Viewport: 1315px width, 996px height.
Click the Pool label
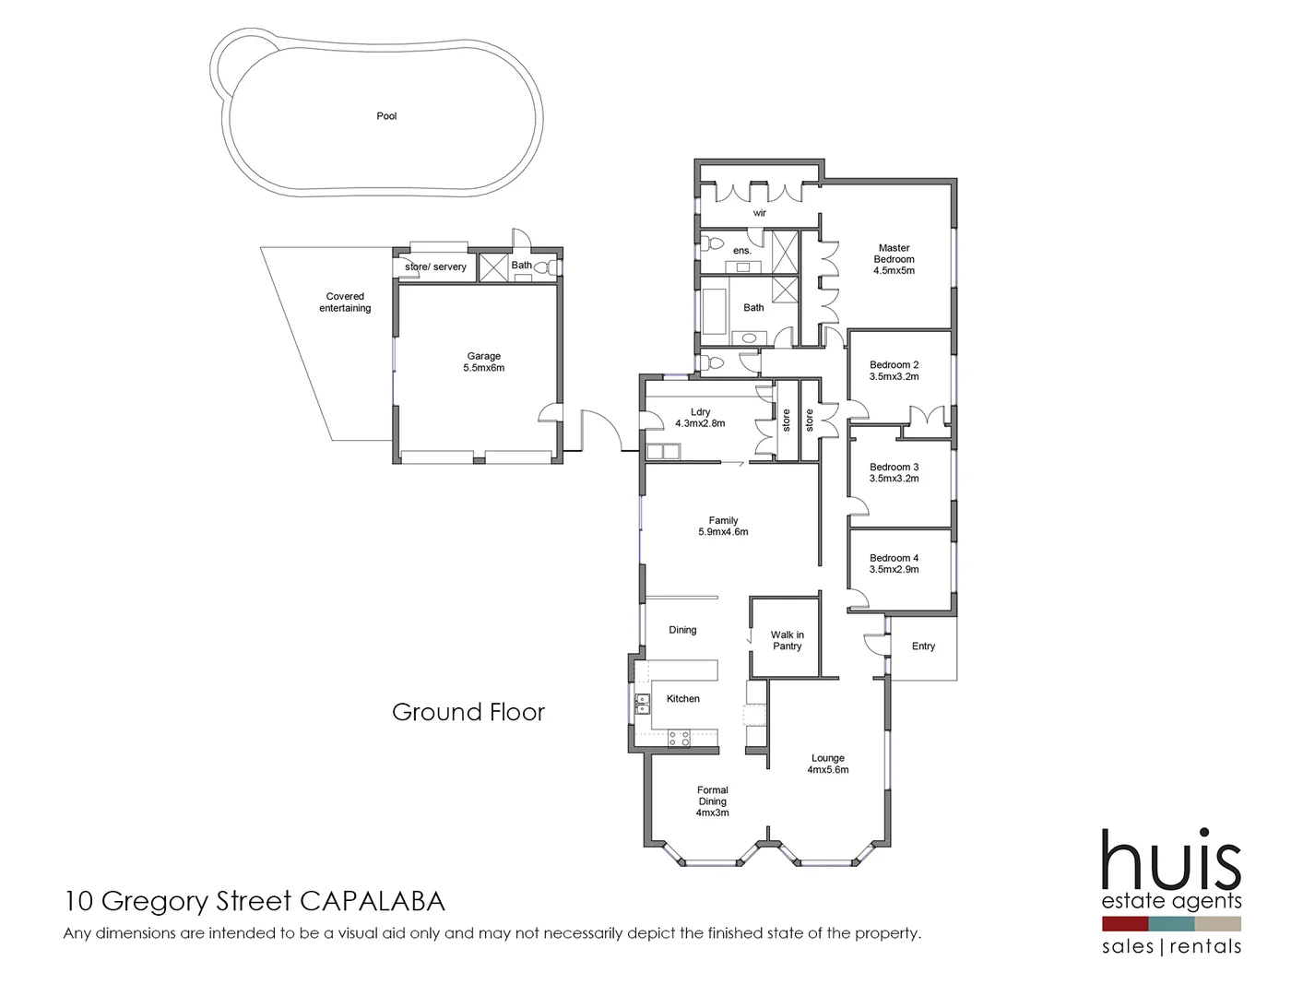[386, 116]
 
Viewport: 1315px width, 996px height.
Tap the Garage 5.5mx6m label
[483, 362]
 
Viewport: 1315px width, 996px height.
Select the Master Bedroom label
[894, 259]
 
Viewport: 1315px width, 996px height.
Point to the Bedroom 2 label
[894, 371]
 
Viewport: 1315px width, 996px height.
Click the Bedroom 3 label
[894, 473]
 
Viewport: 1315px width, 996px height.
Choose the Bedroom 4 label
[894, 563]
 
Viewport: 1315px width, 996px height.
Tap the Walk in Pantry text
[787, 640]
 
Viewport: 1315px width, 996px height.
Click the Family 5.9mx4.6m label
[723, 526]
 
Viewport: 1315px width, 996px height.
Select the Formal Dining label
[712, 801]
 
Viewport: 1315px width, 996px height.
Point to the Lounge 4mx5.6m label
[827, 764]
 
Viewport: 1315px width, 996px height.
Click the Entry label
[923, 646]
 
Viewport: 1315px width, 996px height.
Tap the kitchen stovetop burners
[679, 738]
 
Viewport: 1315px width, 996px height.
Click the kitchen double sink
[642, 704]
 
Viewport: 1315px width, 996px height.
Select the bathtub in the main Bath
[714, 312]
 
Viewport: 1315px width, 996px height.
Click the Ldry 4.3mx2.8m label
[700, 418]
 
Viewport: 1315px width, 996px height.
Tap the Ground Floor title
[468, 712]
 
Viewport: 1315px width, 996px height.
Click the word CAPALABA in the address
[373, 901]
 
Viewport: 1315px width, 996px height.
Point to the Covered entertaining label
[345, 302]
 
